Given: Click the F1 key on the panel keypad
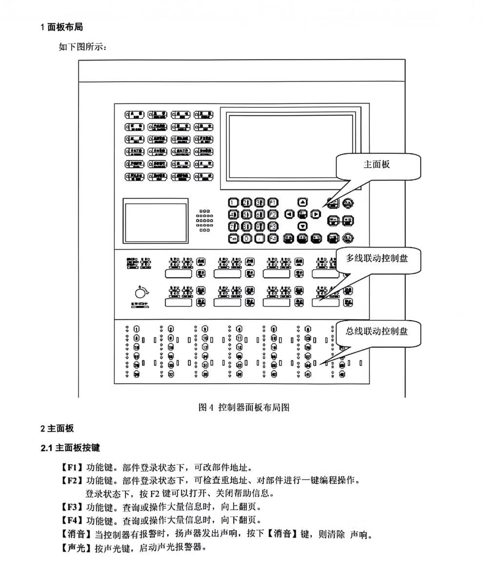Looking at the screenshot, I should coord(273,202).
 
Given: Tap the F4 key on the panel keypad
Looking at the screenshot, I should coord(273,239).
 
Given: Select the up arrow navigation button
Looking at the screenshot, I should coord(302,202).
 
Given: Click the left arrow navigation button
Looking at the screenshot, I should coord(289,214).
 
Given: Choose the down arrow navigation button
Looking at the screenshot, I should coord(302,226).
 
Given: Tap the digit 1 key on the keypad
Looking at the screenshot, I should coord(233,202).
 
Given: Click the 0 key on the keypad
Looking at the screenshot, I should coord(246,239).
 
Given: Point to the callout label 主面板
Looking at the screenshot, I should coord(377,164).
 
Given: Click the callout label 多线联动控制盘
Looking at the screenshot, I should coord(377,258).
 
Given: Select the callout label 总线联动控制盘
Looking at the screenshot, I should coord(377,331).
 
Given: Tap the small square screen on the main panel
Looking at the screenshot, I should coord(156,222).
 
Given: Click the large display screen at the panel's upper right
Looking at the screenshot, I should coord(290,147).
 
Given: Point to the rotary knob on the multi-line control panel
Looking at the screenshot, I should coord(140,292).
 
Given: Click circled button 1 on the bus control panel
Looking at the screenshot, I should coord(137,329).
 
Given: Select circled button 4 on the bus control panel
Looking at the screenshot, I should coord(239,329).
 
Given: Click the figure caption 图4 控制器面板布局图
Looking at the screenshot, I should coord(244,407).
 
